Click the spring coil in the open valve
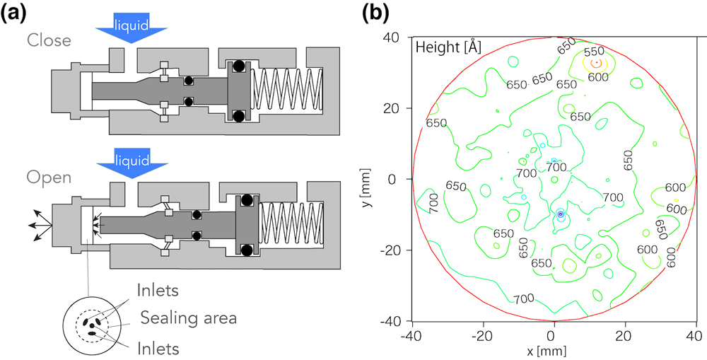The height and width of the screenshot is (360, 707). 291,224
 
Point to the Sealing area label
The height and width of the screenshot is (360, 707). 187,318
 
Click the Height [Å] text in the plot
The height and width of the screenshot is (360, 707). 448,47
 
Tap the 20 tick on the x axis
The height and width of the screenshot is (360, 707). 624,335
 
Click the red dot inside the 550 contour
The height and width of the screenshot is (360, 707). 597,64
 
